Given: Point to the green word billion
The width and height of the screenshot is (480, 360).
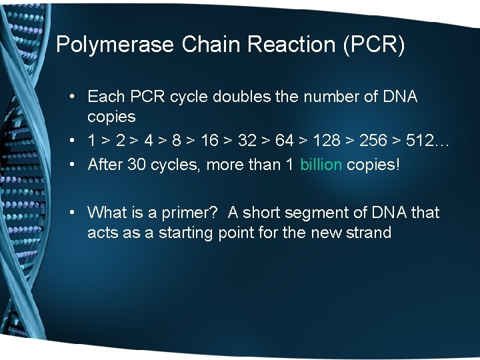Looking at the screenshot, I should (x=321, y=164).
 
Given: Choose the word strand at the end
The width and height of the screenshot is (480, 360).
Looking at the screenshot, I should (x=369, y=233).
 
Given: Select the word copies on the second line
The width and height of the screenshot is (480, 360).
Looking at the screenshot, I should (x=111, y=117).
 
